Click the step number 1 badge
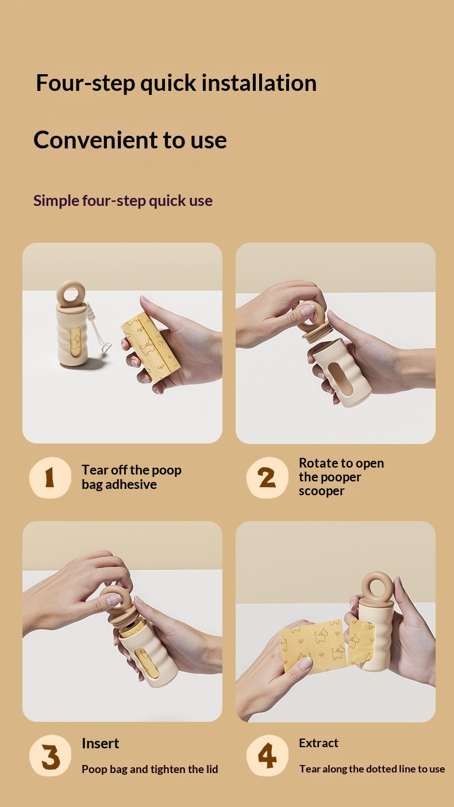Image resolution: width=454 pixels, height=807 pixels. point(50,478)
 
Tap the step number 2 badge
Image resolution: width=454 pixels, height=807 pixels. point(267,478)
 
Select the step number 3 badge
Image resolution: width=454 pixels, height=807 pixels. point(50,755)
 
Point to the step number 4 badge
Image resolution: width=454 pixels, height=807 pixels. point(267,755)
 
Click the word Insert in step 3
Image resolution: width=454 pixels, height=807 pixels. point(100,743)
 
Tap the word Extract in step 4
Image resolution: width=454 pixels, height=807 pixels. point(318,743)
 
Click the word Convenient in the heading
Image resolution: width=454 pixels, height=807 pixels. point(95,140)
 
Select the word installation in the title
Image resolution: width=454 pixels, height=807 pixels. point(259,83)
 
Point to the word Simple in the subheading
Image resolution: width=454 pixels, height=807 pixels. point(56,201)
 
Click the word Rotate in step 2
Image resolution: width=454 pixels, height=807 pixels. point(318,463)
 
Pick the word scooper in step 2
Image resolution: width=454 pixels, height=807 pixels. point(321,491)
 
